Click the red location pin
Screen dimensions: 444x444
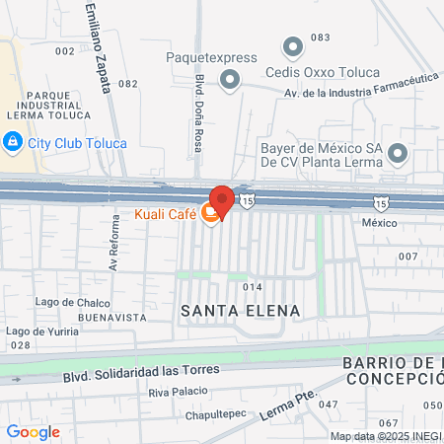pos(221,200)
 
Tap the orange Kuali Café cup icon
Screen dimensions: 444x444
pos(209,213)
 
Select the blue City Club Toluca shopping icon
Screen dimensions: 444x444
pos(12,143)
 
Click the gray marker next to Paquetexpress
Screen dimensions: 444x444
pos(231,80)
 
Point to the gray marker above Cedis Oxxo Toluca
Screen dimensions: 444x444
pos(292,46)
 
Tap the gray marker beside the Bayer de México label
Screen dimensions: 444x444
pos(398,153)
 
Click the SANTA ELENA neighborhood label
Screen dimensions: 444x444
pos(240,311)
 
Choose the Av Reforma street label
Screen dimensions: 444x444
pos(115,253)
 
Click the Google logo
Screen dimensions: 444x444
pos(33,432)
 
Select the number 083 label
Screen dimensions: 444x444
pos(320,37)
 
